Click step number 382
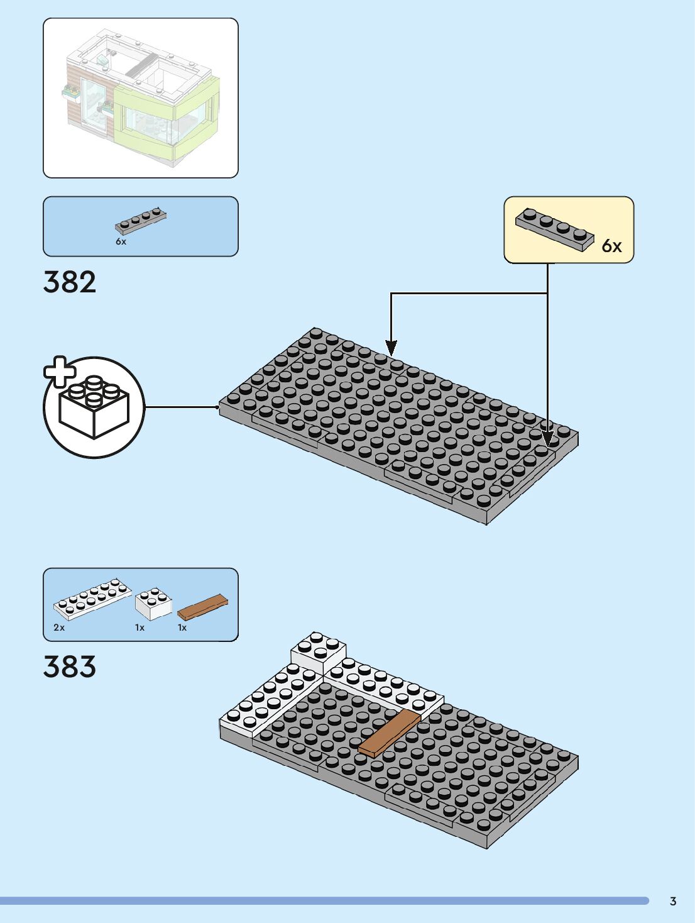pos(70,282)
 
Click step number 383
pos(70,666)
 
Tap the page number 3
pos(673,901)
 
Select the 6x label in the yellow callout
pos(611,246)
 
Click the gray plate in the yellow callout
pos(554,229)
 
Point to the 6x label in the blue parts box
pos(121,241)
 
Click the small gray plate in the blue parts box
pos(141,220)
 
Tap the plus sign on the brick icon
pos(58,372)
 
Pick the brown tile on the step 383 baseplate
pos(390,733)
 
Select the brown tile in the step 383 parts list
pos(202,607)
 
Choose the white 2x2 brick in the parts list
pos(153,603)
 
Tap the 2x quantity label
pos(59,627)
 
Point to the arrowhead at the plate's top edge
pos(391,347)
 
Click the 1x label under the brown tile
pos(182,627)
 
